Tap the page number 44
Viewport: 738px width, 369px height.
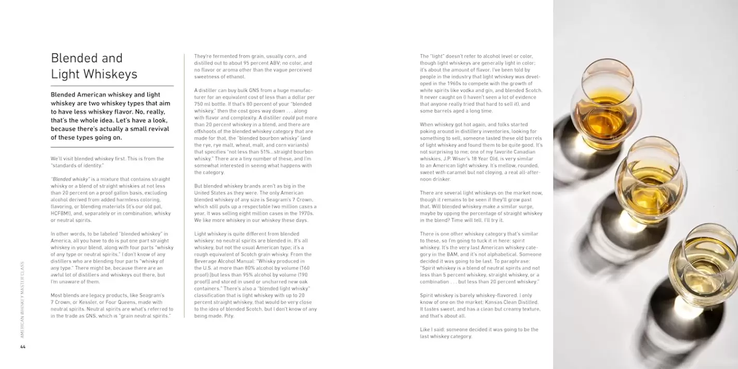pos(22,347)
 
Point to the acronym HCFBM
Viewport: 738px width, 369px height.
pos(60,213)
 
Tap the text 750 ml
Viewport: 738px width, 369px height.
pos(203,104)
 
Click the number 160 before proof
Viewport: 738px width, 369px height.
pos(305,268)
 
